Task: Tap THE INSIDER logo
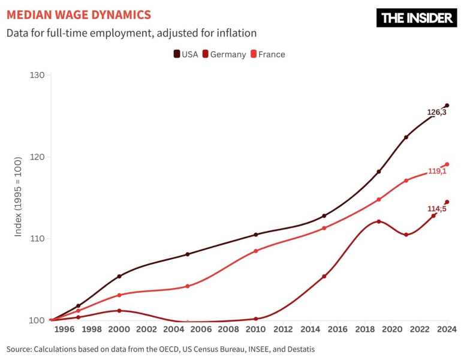[417, 18]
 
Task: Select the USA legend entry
[186, 54]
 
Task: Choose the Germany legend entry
[224, 54]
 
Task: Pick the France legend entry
[267, 54]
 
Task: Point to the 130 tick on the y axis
[37, 75]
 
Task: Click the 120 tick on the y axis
[37, 157]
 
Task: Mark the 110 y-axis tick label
[37, 238]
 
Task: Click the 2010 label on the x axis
[255, 329]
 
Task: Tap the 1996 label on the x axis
[64, 329]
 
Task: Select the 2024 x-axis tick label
[447, 329]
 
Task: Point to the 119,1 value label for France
[436, 171]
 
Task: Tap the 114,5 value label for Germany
[436, 209]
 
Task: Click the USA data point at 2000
[119, 276]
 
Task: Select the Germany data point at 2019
[379, 221]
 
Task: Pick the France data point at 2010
[256, 251]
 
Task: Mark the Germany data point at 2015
[324, 277]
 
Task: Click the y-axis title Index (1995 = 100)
[19, 196]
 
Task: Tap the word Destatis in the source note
[298, 349]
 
